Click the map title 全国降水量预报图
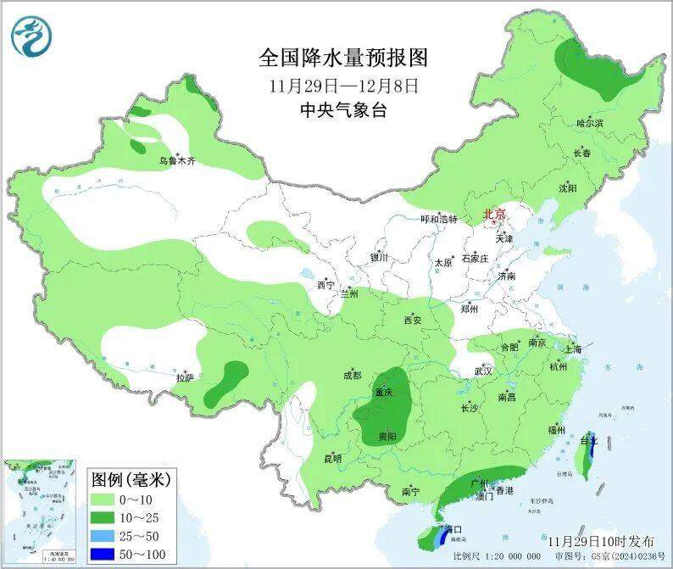tap(343, 58)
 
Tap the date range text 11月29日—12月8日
tap(343, 86)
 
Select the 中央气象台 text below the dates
tap(343, 110)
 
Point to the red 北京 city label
tap(494, 215)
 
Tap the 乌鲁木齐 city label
tap(177, 160)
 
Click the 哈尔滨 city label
tap(589, 124)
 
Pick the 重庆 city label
tap(384, 393)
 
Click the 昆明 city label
tap(333, 459)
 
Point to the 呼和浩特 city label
tap(439, 219)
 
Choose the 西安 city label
tap(413, 321)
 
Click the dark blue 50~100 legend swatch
tap(109, 555)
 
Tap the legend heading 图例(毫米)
tap(131, 480)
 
